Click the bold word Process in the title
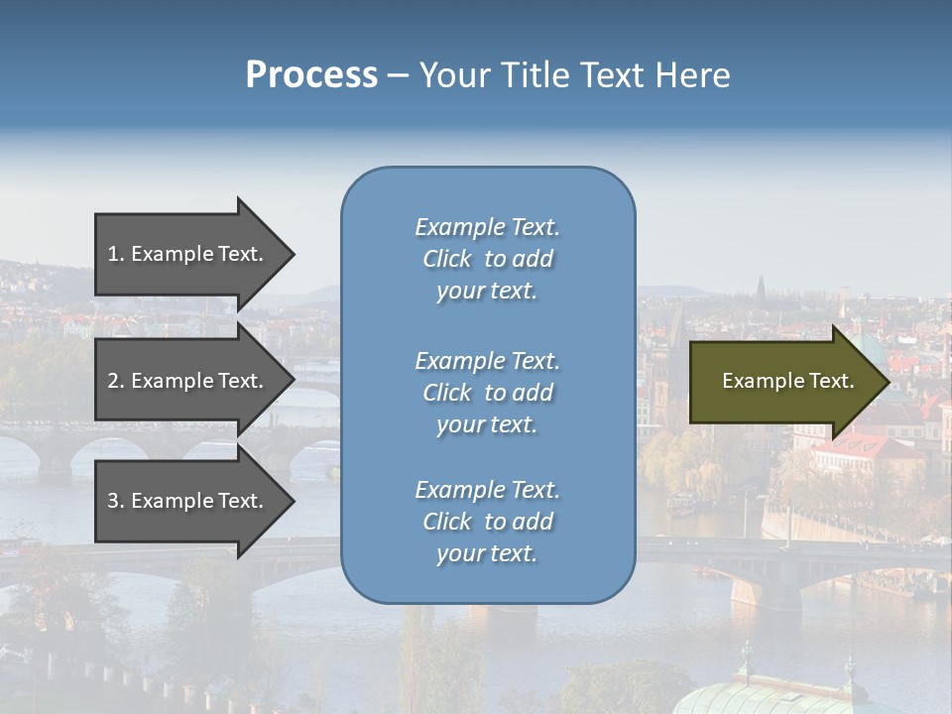tap(311, 75)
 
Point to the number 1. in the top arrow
tap(116, 254)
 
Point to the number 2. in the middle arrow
tap(116, 381)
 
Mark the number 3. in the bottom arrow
tap(116, 501)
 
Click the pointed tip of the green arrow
tap(885, 382)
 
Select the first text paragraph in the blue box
tap(487, 259)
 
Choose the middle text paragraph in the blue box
tap(487, 393)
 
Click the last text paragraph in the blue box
tap(487, 522)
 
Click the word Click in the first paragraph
tap(447, 259)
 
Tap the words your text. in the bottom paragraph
tap(487, 553)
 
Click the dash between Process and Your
tap(397, 75)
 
